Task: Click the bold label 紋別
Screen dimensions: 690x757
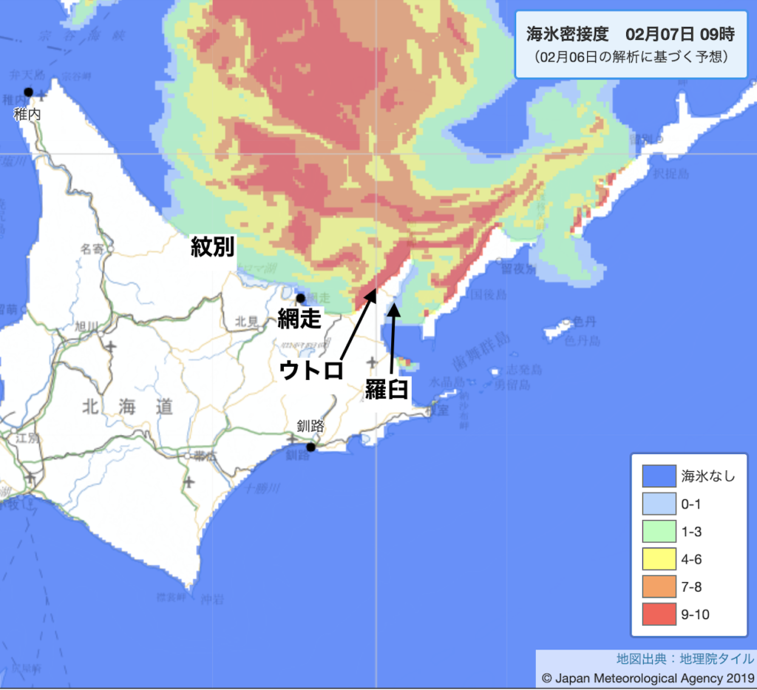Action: click(212, 246)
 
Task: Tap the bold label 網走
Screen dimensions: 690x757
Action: click(299, 319)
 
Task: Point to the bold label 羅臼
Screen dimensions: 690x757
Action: click(387, 390)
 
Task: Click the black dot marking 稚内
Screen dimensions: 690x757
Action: click(29, 92)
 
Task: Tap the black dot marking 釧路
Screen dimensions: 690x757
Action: click(311, 447)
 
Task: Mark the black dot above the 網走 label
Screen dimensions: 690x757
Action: click(301, 298)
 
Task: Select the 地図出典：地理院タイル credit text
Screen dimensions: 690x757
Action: click(685, 659)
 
